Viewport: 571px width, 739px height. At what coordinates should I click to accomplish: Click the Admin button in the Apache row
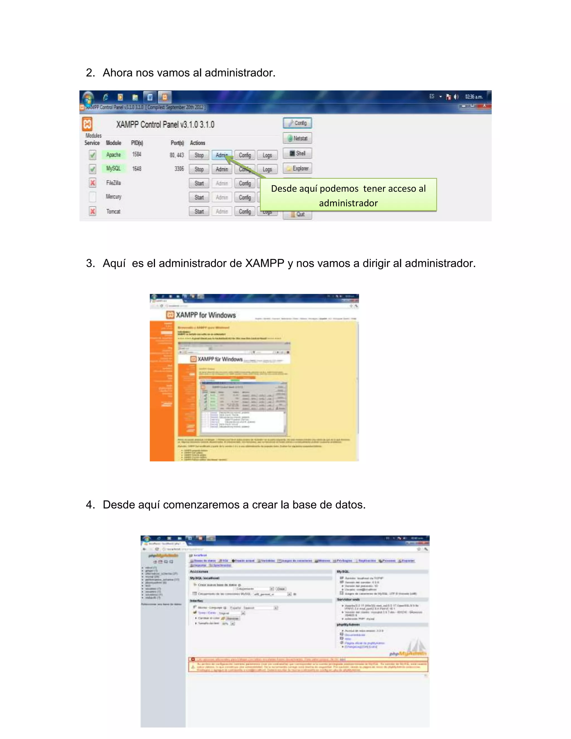(222, 155)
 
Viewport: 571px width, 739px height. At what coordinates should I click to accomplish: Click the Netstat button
(297, 138)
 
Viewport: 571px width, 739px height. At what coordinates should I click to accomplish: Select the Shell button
(297, 153)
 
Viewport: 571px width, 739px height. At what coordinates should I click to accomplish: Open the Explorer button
(297, 168)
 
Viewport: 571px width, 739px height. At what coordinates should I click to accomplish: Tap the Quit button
(297, 214)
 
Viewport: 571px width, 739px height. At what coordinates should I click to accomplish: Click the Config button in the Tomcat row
(245, 211)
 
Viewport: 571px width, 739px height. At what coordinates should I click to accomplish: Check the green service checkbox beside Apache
(92, 155)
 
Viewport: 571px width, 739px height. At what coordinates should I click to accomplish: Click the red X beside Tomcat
(92, 211)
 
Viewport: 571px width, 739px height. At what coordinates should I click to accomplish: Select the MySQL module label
(113, 168)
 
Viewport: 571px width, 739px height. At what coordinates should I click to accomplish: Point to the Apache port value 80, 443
(176, 155)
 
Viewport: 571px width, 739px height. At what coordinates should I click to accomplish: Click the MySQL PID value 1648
(137, 168)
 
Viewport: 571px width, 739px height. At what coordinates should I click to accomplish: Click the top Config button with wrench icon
(297, 123)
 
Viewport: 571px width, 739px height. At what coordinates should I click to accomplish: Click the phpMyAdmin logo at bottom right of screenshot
(408, 653)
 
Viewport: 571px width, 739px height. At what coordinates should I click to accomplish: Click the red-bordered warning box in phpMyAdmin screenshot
(308, 665)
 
